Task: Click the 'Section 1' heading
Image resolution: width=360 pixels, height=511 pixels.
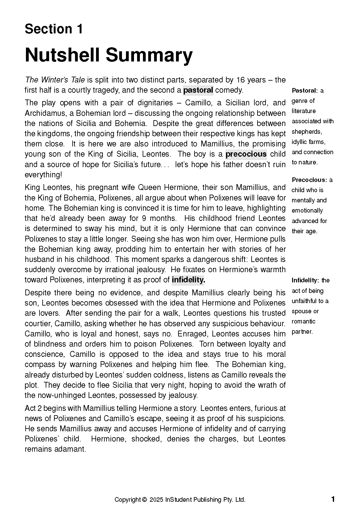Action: pos(54,29)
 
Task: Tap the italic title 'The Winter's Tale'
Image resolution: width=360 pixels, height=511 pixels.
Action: pos(55,80)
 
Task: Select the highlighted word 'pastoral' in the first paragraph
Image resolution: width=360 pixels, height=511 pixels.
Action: pos(198,90)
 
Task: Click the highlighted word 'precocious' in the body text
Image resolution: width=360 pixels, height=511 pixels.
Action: pos(246,154)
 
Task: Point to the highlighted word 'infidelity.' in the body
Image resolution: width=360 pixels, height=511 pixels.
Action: pos(188,280)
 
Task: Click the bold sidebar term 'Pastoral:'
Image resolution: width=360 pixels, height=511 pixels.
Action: pos(304,91)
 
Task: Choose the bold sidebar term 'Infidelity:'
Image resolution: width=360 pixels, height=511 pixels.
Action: pos(305,281)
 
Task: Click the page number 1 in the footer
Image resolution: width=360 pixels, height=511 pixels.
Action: pos(333,499)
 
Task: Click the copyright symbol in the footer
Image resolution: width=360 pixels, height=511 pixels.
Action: pos(144,500)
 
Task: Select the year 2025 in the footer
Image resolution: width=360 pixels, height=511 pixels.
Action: pos(157,500)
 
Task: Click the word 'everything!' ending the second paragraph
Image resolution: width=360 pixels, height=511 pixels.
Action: pos(43,175)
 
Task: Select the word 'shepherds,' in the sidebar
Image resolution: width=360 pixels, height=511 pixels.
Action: pos(307,132)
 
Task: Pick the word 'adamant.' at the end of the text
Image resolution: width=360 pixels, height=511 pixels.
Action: pos(70,449)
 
